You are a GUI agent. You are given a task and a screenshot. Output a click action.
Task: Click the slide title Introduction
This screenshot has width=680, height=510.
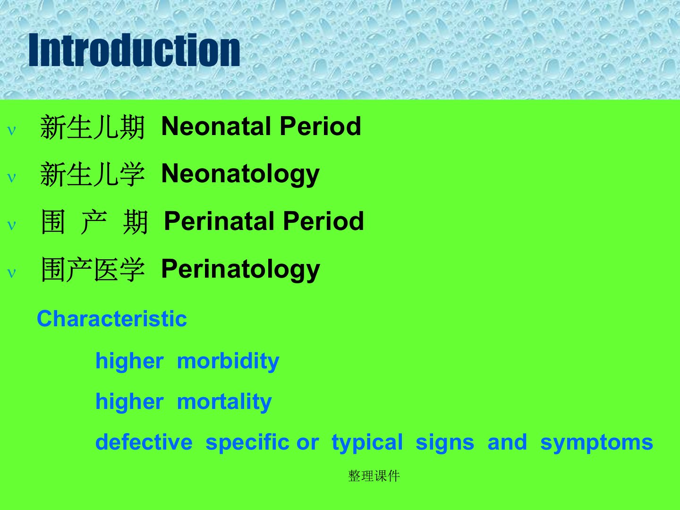click(x=134, y=50)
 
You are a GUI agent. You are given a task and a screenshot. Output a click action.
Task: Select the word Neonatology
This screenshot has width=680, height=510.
click(x=240, y=175)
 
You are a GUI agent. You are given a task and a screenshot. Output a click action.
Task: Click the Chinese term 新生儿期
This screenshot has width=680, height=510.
click(x=92, y=127)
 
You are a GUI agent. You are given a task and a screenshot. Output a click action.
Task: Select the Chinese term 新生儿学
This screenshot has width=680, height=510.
click(x=92, y=174)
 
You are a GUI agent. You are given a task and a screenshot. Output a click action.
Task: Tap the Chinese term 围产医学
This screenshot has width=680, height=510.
click(x=93, y=270)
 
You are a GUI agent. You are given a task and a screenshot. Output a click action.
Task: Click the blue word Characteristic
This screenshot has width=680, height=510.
click(x=112, y=319)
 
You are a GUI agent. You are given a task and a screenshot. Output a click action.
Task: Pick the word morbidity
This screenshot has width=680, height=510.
click(x=228, y=362)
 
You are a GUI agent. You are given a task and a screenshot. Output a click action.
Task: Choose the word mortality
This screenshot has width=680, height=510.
click(x=224, y=402)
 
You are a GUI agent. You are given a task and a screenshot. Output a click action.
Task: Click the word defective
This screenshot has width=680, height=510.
click(x=144, y=442)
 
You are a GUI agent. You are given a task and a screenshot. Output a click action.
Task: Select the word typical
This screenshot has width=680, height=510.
click(x=367, y=443)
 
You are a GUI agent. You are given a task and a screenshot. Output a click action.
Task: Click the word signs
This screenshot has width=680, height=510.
click(x=445, y=443)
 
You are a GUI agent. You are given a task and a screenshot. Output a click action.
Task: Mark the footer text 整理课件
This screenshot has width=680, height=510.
click(x=374, y=476)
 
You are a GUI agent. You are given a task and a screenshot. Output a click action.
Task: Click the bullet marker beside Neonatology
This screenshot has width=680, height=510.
click(x=11, y=178)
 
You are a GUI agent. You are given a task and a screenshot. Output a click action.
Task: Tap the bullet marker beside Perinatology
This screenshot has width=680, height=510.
click(x=11, y=273)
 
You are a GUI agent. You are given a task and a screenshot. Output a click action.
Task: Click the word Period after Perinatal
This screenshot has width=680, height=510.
click(x=323, y=221)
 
